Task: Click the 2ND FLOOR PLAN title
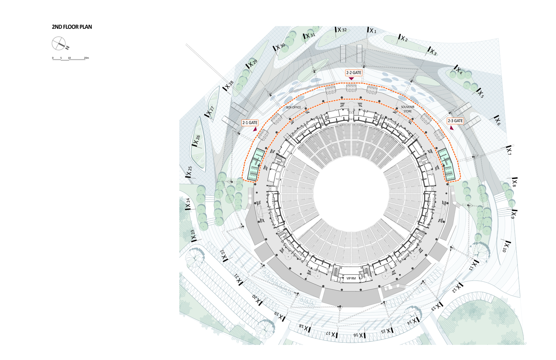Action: click(x=72, y=27)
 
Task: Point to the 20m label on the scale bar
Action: click(x=86, y=58)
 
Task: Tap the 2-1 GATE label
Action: click(x=250, y=123)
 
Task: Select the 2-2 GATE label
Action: click(x=354, y=73)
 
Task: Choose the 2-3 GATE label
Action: click(x=455, y=121)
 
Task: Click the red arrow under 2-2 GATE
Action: click(x=351, y=79)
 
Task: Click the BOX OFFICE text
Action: click(x=293, y=107)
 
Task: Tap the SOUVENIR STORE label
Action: click(x=408, y=109)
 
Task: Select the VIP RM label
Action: click(x=351, y=278)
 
